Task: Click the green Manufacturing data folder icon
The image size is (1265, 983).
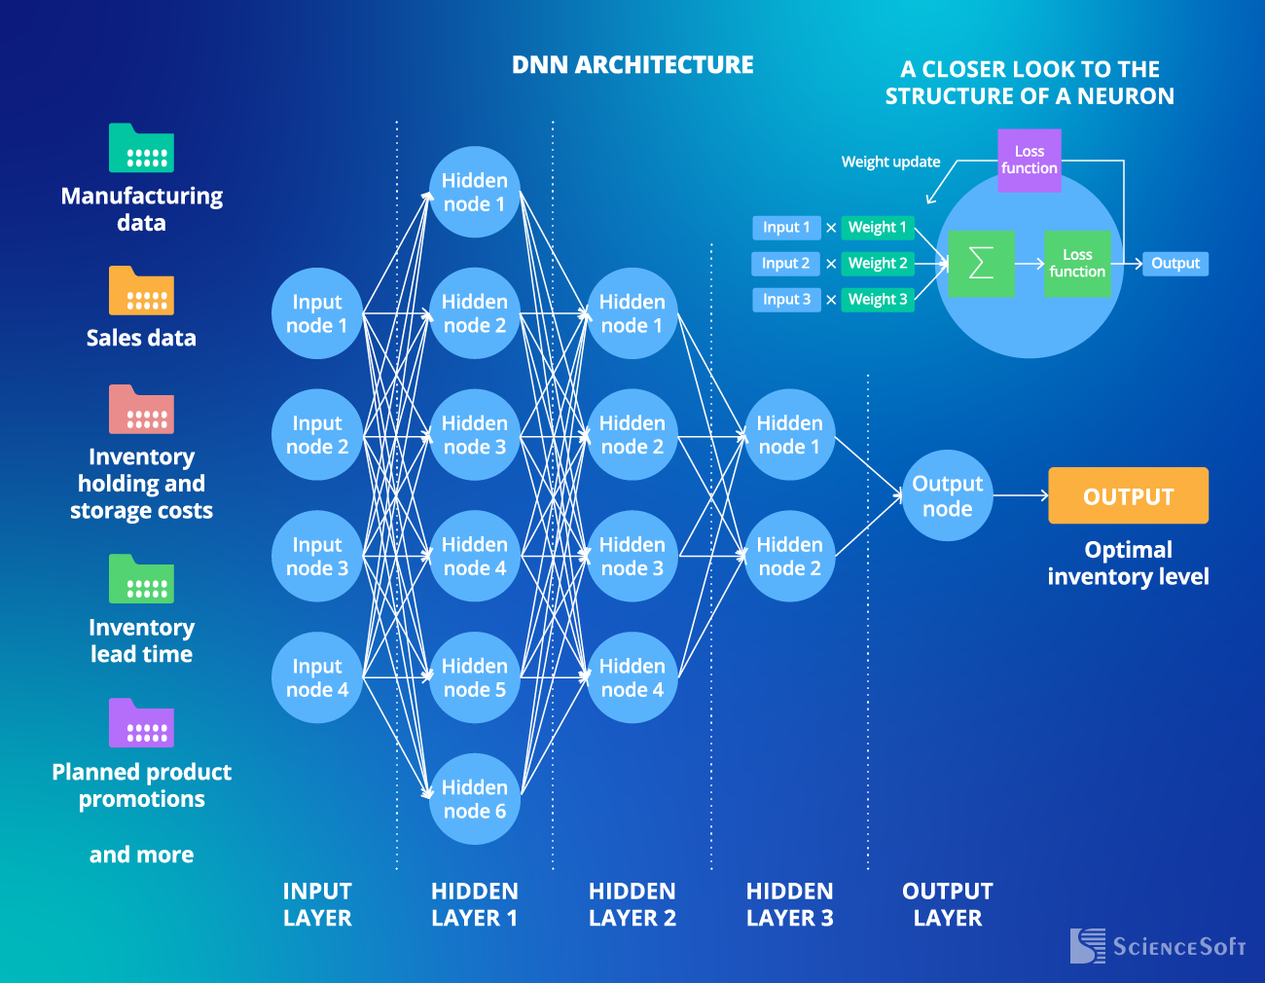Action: [141, 148]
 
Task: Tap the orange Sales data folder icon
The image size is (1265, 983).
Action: [141, 291]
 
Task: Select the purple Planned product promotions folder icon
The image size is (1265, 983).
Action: [141, 723]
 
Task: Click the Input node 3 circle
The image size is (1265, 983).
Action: [317, 556]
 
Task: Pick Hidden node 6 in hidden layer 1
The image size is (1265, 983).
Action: [475, 799]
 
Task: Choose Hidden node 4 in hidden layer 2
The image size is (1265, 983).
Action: [632, 677]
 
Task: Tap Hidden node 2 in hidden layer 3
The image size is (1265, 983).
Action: [789, 556]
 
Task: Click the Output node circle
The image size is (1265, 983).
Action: [947, 495]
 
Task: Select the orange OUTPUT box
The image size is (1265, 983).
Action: [1128, 495]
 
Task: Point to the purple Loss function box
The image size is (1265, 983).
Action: [1029, 160]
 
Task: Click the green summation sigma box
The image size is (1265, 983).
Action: [981, 264]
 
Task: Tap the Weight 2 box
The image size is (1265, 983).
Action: [878, 263]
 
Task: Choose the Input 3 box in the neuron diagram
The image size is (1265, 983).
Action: [786, 299]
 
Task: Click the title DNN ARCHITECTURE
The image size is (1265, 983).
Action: [632, 65]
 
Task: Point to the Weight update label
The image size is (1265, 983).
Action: [890, 162]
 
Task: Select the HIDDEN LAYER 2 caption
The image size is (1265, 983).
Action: [632, 904]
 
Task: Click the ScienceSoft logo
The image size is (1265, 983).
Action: [1158, 946]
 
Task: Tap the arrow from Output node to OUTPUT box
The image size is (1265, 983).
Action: [1020, 495]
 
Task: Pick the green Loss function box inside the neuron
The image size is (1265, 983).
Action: [1077, 264]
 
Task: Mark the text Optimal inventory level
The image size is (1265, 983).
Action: [1128, 563]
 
